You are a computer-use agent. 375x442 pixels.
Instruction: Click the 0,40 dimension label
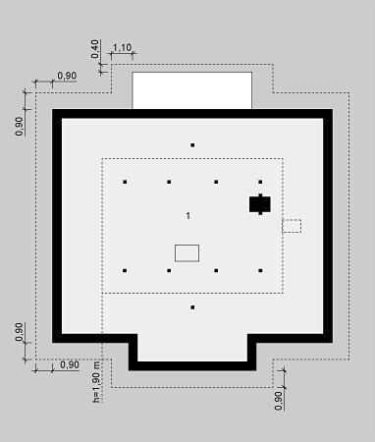pyautogui.click(x=95, y=49)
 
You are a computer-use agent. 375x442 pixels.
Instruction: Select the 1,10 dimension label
pyautogui.click(x=122, y=48)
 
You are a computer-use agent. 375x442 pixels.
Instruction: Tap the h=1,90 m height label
pyautogui.click(x=96, y=381)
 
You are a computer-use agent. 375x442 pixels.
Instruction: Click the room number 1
pyautogui.click(x=188, y=215)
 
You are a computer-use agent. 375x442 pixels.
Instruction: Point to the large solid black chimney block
pyautogui.click(x=260, y=204)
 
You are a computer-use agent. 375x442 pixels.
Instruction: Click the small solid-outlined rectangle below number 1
pyautogui.click(x=187, y=253)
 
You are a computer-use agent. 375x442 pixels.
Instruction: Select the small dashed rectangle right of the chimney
pyautogui.click(x=292, y=226)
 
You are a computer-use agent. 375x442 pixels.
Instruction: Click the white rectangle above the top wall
pyautogui.click(x=192, y=90)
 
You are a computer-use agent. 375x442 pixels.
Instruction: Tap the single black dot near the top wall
pyautogui.click(x=192, y=145)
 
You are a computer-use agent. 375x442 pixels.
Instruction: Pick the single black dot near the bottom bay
pyautogui.click(x=192, y=307)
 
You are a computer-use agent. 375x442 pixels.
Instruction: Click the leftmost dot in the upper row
pyautogui.click(x=125, y=182)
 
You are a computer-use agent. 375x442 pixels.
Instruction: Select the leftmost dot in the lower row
pyautogui.click(x=125, y=270)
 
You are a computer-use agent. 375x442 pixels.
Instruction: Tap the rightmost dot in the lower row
pyautogui.click(x=260, y=270)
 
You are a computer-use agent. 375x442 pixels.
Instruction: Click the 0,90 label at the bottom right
pyautogui.click(x=279, y=401)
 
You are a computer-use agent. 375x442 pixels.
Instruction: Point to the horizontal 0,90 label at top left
pyautogui.click(x=67, y=76)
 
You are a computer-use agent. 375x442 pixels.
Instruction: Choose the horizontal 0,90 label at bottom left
pyautogui.click(x=70, y=364)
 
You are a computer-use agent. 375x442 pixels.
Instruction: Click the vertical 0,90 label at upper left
pyautogui.click(x=20, y=127)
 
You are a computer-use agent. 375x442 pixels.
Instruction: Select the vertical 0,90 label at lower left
pyautogui.click(x=20, y=332)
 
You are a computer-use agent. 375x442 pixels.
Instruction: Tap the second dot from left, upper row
pyautogui.click(x=169, y=182)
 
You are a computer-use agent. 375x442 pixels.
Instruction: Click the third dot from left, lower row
pyautogui.click(x=216, y=270)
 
